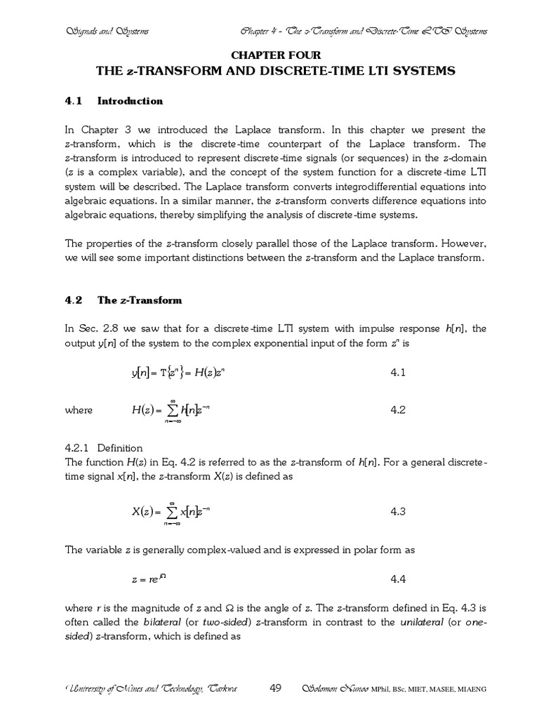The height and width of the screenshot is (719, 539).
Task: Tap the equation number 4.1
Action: (x=398, y=373)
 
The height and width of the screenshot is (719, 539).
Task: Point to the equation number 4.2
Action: (x=398, y=410)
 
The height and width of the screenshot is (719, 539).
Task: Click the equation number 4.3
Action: (x=398, y=511)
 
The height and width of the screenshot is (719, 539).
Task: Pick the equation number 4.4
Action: (x=398, y=579)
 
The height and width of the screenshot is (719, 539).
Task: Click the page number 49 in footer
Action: (x=276, y=688)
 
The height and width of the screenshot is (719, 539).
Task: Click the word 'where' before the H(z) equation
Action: (x=78, y=411)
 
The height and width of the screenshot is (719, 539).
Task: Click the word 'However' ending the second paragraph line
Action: (x=461, y=244)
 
